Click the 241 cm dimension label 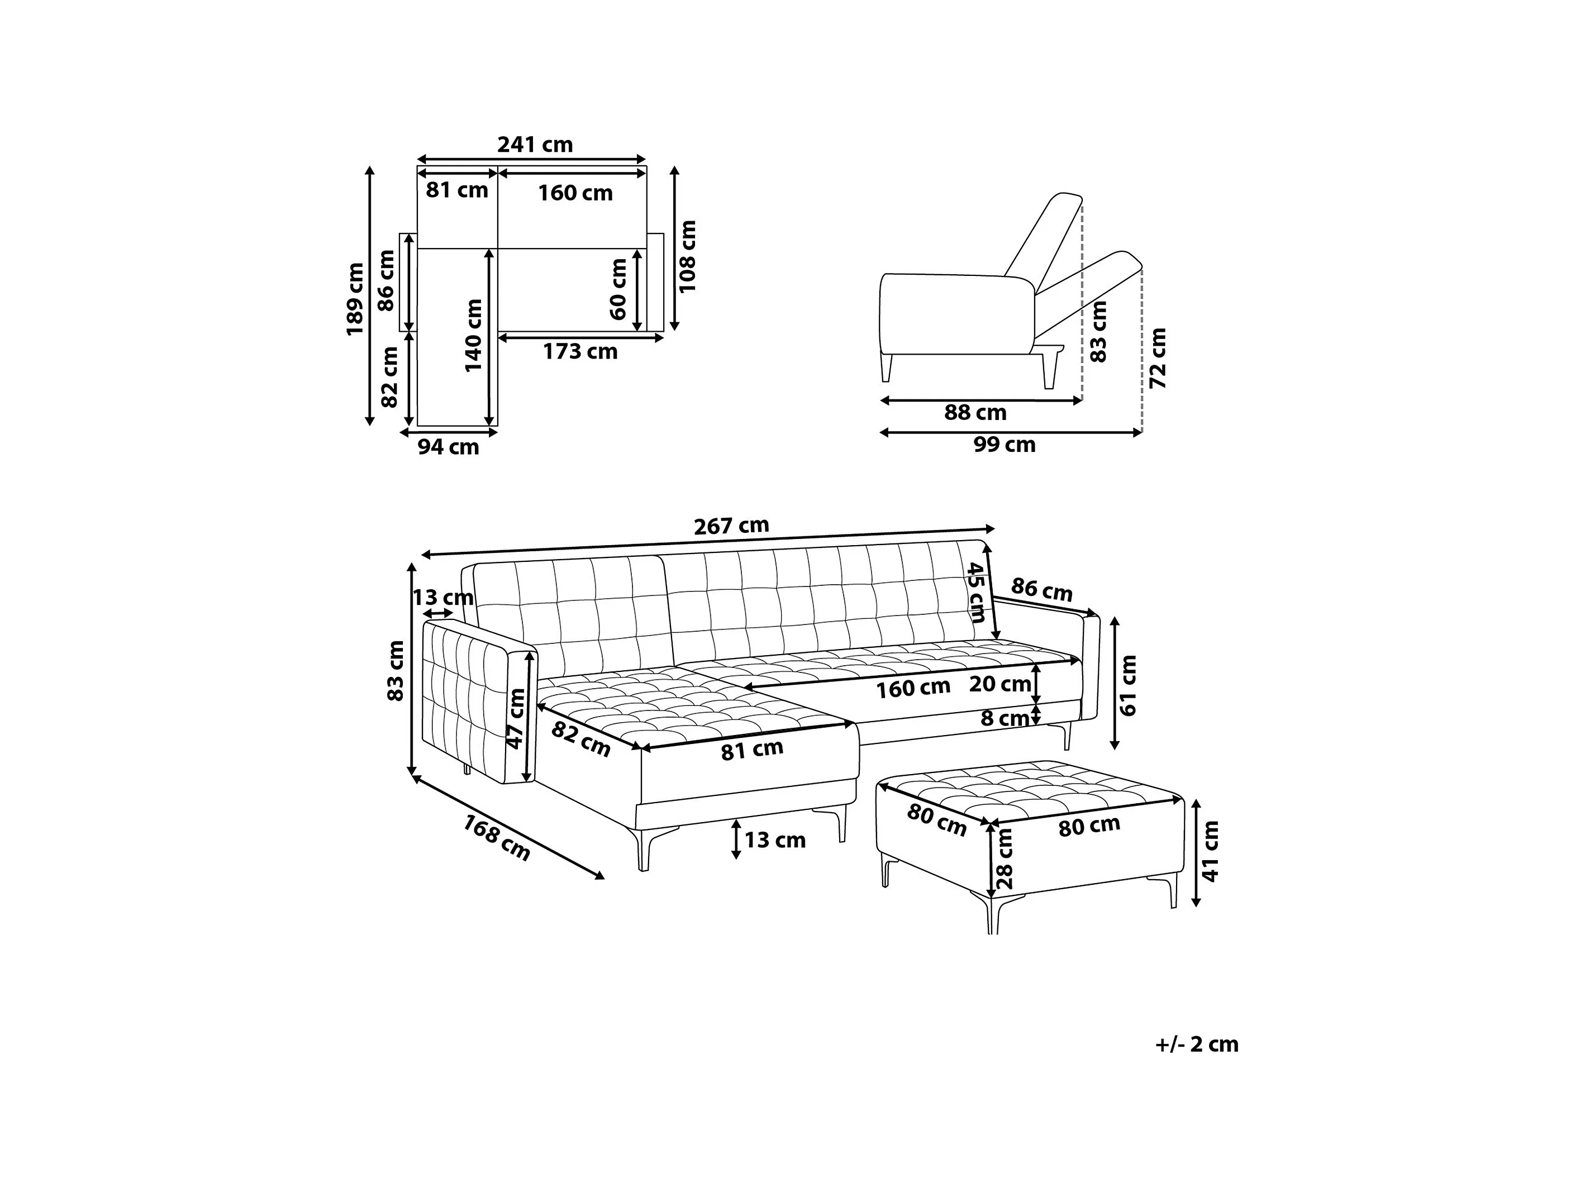pyautogui.click(x=535, y=145)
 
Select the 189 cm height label pyautogui.click(x=355, y=299)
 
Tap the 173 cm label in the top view pyautogui.click(x=580, y=352)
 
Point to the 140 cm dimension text pyautogui.click(x=474, y=335)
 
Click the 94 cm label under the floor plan pyautogui.click(x=448, y=447)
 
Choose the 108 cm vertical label pyautogui.click(x=687, y=256)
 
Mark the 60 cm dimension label pyautogui.click(x=618, y=289)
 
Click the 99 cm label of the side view pyautogui.click(x=1004, y=445)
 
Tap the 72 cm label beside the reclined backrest pyautogui.click(x=1158, y=358)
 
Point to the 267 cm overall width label pyautogui.click(x=731, y=526)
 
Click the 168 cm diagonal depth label pyautogui.click(x=497, y=838)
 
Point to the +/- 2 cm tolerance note pyautogui.click(x=1197, y=1044)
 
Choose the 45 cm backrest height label pyautogui.click(x=976, y=592)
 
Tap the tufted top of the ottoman pyautogui.click(x=1032, y=788)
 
